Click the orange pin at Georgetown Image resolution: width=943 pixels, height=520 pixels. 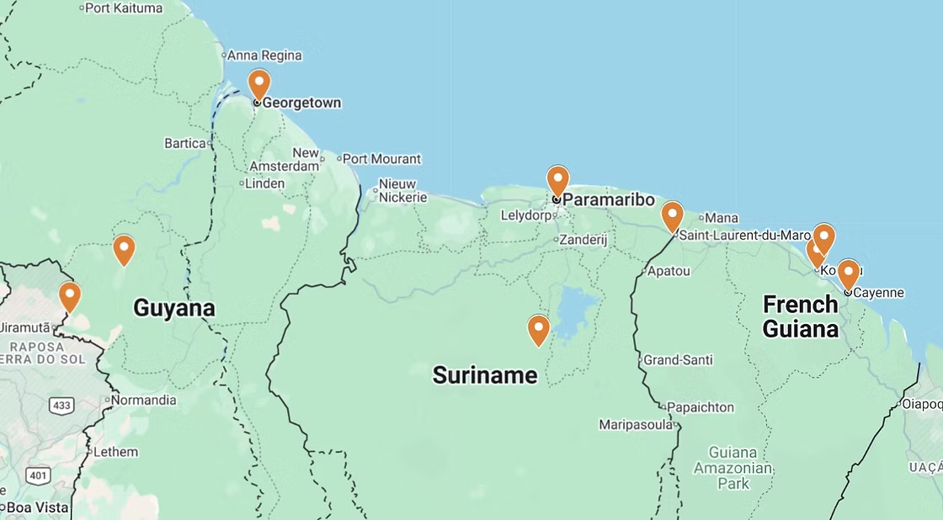coord(258,84)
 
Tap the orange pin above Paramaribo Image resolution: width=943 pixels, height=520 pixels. coord(557,181)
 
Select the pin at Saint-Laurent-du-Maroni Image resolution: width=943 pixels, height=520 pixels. coord(672,216)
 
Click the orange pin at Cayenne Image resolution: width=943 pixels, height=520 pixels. coord(848,274)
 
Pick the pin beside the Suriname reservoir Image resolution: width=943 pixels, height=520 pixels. coord(539,329)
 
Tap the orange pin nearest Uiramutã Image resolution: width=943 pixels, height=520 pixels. coord(70,296)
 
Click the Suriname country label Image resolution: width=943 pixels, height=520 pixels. coord(485,374)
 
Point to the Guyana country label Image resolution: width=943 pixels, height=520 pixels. coord(174,308)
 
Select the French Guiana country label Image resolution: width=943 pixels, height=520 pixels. coord(801,316)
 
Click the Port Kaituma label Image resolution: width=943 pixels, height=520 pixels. coord(124,8)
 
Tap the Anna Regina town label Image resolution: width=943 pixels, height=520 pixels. coord(265,56)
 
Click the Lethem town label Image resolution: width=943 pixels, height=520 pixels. coord(115,452)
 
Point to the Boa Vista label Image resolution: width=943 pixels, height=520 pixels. coord(37,507)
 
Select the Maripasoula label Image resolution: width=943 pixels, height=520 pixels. coord(636,425)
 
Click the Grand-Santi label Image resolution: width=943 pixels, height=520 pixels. coord(678,360)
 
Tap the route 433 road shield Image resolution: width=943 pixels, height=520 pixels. coord(61,406)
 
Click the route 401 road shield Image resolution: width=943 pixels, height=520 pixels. coord(38,475)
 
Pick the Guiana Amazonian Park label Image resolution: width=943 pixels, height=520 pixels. coord(733,468)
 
